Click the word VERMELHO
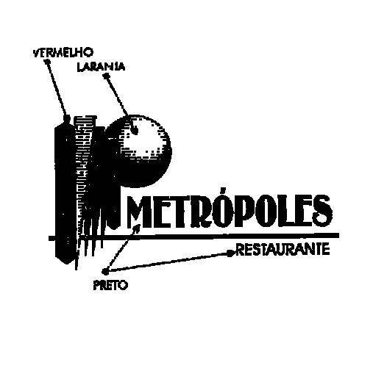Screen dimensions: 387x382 (x=63, y=52)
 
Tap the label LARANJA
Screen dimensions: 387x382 (x=102, y=67)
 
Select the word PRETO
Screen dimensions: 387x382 (x=110, y=286)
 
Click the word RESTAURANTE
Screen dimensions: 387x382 (x=283, y=249)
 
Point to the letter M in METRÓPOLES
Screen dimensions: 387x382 (x=138, y=212)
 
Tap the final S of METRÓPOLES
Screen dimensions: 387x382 (x=322, y=211)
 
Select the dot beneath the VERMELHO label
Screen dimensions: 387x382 (x=47, y=61)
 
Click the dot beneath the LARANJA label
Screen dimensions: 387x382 (x=107, y=76)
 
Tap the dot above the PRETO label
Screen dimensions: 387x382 (x=105, y=271)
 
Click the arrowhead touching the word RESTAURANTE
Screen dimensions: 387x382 (x=231, y=253)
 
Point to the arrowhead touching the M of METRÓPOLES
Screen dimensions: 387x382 (x=137, y=228)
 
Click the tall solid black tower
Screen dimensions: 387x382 (x=65, y=190)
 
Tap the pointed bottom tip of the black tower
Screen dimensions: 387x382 (x=66, y=263)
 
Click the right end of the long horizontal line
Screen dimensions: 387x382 (x=338, y=235)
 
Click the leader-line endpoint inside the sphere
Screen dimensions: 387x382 (x=135, y=131)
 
